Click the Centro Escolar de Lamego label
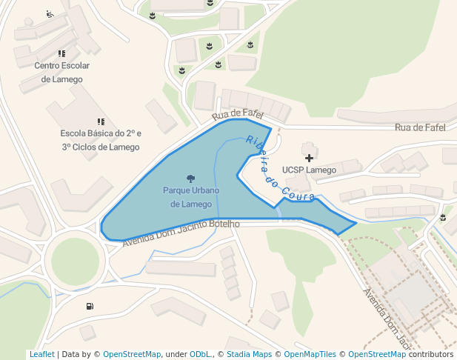coord(61,72)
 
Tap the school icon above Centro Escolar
coord(61,53)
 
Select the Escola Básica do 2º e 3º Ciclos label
coord(100,140)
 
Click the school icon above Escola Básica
coord(100,121)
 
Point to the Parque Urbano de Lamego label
coord(191,197)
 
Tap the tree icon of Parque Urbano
coord(191,179)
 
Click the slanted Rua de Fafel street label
coord(237,113)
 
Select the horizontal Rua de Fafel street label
coord(420,127)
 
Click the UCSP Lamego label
coord(309,170)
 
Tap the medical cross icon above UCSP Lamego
coord(309,157)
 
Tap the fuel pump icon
coord(90,306)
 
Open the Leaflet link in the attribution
coord(41,354)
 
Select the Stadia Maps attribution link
coord(248,354)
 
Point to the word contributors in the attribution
coord(430,354)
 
